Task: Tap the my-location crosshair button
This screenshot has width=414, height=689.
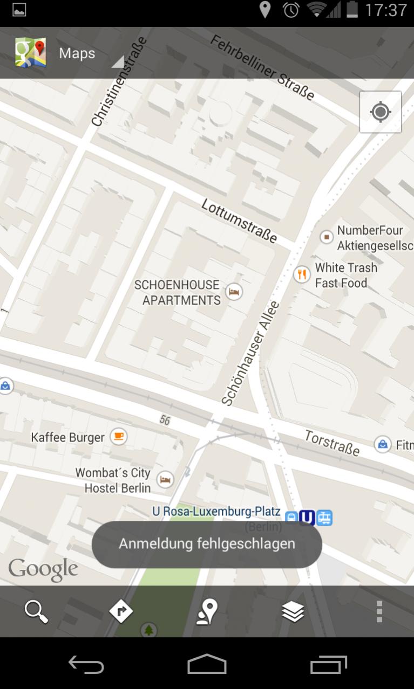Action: (x=381, y=112)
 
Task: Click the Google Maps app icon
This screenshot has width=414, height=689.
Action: (x=30, y=53)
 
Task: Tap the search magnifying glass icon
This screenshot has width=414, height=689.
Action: (x=36, y=612)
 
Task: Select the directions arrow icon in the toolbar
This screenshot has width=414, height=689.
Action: (x=121, y=612)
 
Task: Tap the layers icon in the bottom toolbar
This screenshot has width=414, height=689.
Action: (x=293, y=612)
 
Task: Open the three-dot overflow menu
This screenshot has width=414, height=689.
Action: (x=379, y=612)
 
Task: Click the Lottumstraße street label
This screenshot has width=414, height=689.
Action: (x=239, y=221)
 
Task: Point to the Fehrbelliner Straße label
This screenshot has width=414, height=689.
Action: (x=262, y=68)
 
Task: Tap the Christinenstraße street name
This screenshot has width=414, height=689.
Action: (x=119, y=81)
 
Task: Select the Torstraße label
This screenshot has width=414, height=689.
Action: (x=332, y=443)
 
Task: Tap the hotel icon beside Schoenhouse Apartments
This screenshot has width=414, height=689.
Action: (x=234, y=292)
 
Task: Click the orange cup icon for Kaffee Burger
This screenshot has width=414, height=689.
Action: (x=118, y=436)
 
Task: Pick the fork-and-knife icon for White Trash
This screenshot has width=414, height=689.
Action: (x=302, y=274)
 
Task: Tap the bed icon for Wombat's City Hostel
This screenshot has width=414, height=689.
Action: (x=165, y=479)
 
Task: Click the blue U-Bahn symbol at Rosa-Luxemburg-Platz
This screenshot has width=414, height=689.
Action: (x=307, y=518)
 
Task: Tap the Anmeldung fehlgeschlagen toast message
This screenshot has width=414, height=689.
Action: (x=207, y=543)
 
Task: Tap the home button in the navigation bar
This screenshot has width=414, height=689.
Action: (x=207, y=664)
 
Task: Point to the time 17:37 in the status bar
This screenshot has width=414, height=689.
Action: (x=386, y=10)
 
